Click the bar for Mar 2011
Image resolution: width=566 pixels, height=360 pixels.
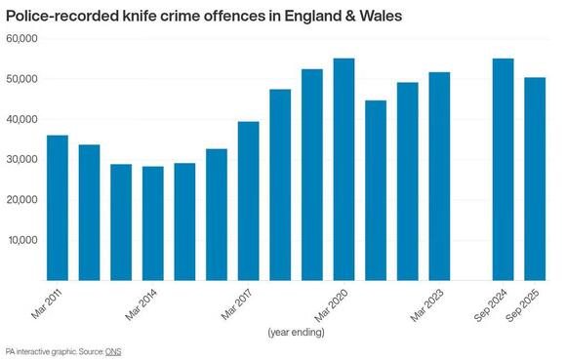coord(58,208)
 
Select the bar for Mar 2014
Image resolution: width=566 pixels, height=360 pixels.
coord(153,223)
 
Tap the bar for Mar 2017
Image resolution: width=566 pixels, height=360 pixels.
coord(249,201)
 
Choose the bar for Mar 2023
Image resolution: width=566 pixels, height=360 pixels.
coord(440,177)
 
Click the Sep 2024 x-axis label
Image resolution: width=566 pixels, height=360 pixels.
coord(493,304)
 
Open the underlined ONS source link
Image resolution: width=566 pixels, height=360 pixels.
coord(114,350)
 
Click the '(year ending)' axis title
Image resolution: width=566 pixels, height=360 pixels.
coord(298,333)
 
